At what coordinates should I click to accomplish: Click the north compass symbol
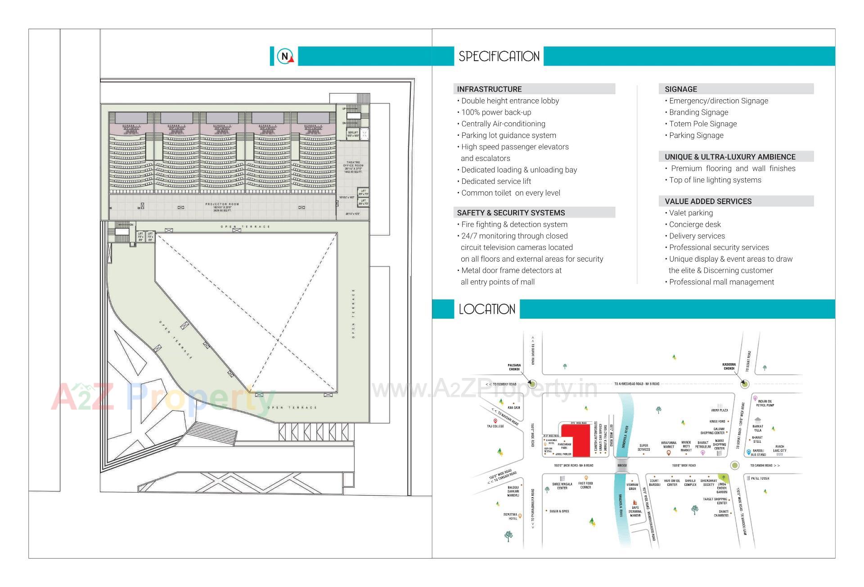[x=284, y=56]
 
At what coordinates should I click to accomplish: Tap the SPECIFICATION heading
[x=499, y=56]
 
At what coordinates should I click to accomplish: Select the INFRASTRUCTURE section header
[x=489, y=89]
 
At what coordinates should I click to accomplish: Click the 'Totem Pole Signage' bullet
[x=702, y=124]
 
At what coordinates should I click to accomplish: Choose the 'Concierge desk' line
[x=695, y=224]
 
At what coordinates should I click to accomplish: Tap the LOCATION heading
[x=487, y=309]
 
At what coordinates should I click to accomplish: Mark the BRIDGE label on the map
[x=622, y=466]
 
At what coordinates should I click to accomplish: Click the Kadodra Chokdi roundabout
[x=744, y=384]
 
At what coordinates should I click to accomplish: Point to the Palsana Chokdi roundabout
[x=532, y=384]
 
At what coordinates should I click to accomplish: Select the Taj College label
[x=495, y=426]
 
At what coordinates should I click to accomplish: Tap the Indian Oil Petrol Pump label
[x=765, y=403]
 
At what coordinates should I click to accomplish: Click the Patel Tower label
[x=760, y=478]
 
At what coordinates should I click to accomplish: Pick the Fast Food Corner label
[x=585, y=485]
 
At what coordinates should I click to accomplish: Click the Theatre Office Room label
[x=353, y=167]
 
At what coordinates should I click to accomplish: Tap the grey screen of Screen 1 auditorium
[x=131, y=118]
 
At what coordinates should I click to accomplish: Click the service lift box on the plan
[x=353, y=133]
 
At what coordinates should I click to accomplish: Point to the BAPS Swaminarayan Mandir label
[x=635, y=511]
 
